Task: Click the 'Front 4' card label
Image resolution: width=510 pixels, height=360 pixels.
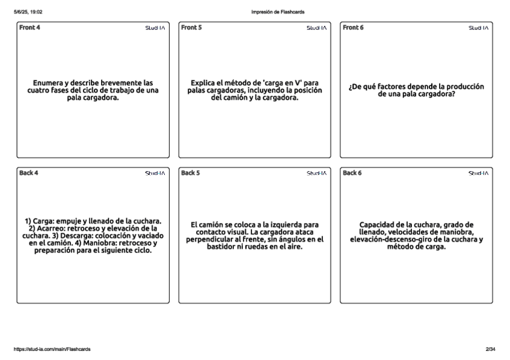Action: click(x=30, y=28)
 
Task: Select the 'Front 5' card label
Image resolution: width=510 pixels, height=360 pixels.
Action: click(x=192, y=28)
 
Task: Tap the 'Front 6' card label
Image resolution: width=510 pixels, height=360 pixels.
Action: click(x=354, y=28)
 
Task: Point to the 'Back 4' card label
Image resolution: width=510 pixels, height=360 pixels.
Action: click(x=29, y=173)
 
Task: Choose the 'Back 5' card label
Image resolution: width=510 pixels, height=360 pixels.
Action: click(x=191, y=173)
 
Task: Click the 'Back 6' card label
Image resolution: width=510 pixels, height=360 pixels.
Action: click(x=353, y=173)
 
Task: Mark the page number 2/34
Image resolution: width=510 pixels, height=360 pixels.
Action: click(x=490, y=349)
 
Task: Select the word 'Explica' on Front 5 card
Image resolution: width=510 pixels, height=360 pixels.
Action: click(x=204, y=83)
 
